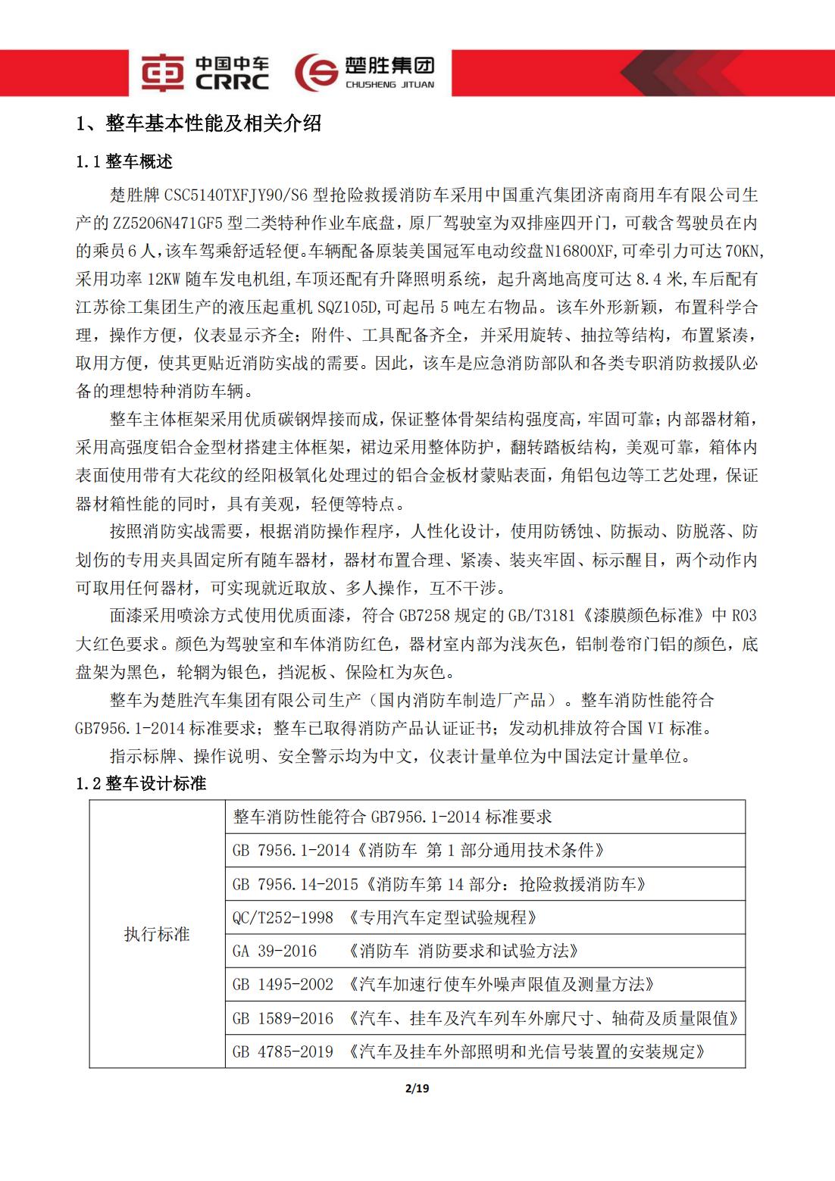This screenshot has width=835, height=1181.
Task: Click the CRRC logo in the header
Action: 204,73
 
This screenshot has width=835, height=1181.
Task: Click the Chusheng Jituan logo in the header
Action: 364,73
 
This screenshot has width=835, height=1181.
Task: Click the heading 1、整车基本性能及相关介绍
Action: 199,123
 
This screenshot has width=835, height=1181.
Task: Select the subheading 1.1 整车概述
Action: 124,161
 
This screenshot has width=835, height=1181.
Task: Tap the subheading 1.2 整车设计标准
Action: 141,783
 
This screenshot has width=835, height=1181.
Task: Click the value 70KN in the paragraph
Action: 745,252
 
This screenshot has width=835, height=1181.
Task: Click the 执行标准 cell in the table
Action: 157,934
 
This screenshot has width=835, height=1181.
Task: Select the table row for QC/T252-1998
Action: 485,917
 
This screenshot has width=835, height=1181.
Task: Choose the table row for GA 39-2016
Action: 485,951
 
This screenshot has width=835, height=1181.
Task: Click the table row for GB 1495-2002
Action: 485,984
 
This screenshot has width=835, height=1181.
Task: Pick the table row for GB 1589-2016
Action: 485,1018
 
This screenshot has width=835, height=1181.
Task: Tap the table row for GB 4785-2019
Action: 485,1051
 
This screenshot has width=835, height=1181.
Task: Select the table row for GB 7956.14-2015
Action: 485,884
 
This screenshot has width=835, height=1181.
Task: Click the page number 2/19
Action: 417,1089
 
